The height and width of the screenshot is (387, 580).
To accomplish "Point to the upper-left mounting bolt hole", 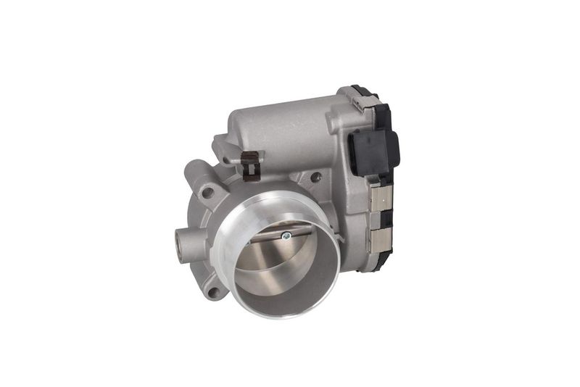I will pyautogui.click(x=207, y=193).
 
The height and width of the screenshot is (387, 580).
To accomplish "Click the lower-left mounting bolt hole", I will pyautogui.click(x=212, y=292).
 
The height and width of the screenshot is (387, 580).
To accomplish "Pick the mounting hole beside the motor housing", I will pyautogui.click(x=316, y=177).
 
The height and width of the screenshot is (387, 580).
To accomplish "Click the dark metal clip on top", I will pyautogui.click(x=251, y=165).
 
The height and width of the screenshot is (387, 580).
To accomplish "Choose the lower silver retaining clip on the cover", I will pyautogui.click(x=380, y=240).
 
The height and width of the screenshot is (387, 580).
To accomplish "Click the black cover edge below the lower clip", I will pyautogui.click(x=383, y=259).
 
